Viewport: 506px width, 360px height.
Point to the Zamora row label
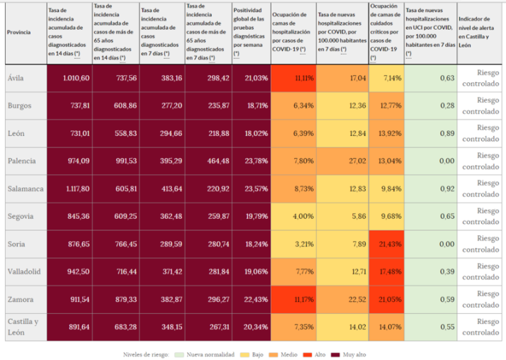click(x=21, y=299)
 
